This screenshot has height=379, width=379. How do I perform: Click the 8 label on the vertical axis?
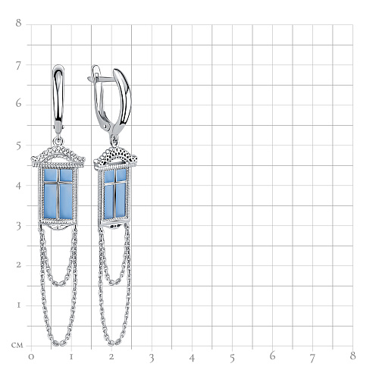tap(18, 23)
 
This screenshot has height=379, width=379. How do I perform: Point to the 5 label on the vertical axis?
tap(18, 146)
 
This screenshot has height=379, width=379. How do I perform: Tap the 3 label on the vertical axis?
tap(18, 227)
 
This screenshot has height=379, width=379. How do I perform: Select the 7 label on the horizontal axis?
tap(312, 358)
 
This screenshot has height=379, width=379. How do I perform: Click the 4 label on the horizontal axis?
tap(192, 358)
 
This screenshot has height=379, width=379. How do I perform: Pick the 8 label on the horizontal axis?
tap(352, 356)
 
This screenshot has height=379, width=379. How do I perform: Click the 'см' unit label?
tap(17, 346)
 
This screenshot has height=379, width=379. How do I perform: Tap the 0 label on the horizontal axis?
tap(31, 357)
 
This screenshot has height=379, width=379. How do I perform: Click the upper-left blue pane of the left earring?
tap(51, 175)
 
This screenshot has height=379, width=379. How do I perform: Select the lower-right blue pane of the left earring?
tap(66, 201)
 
